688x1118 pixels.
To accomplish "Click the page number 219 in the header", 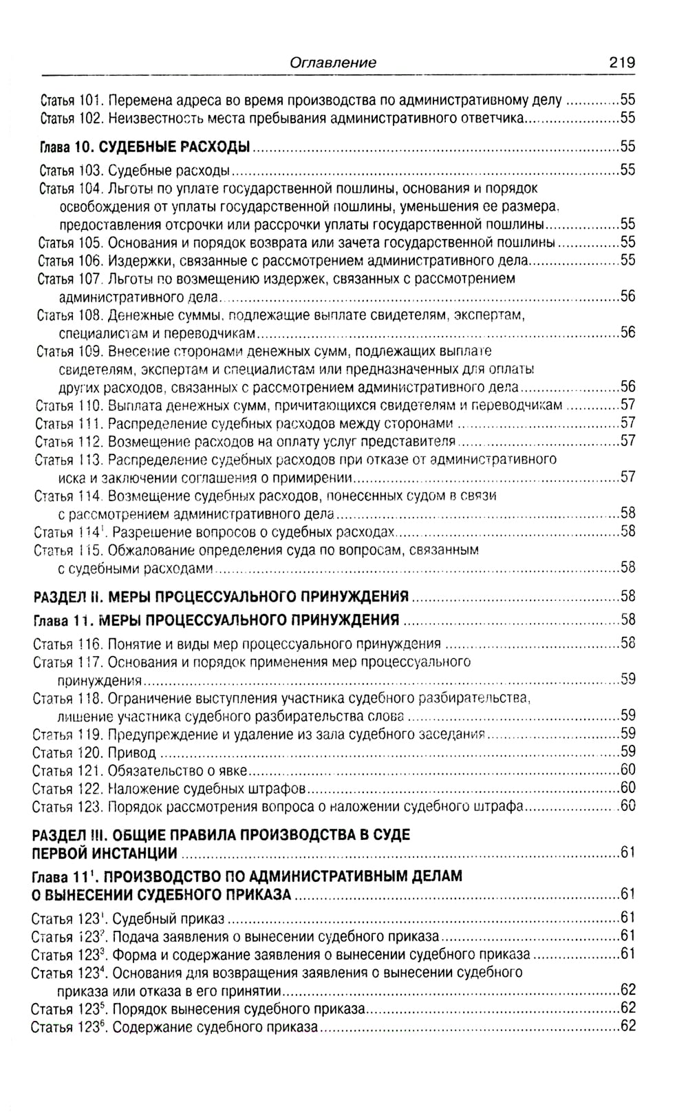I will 621,62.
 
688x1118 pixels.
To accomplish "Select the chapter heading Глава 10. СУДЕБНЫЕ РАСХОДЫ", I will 144,147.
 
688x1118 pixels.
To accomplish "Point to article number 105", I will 90,242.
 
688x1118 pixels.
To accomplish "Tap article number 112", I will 88,441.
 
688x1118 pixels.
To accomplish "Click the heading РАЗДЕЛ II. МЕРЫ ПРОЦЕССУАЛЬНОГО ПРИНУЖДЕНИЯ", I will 221,595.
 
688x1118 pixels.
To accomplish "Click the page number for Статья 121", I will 627,770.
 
